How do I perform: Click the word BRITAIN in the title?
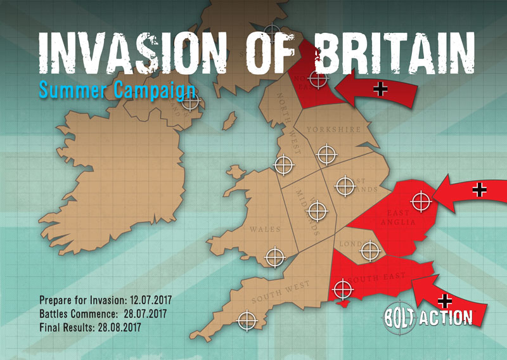click(395, 51)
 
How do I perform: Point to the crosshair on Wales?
click(274, 257)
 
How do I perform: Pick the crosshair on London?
click(369, 251)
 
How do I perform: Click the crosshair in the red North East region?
click(318, 79)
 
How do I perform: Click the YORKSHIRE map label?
click(333, 129)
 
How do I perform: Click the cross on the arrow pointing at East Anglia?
click(480, 189)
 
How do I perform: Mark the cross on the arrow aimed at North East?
click(381, 89)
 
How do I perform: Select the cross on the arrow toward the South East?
click(446, 300)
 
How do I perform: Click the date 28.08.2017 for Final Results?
click(115, 328)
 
